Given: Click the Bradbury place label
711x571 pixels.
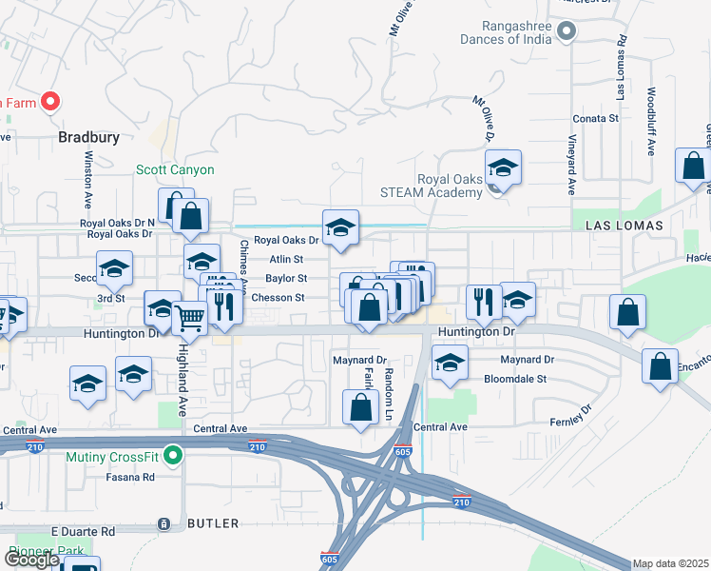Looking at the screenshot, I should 89,137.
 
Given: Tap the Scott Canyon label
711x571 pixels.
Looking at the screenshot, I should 175,170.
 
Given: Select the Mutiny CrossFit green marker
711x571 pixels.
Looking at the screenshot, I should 172,458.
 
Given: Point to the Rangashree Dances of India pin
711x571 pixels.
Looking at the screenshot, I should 567,31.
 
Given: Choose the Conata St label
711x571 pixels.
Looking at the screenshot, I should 595,119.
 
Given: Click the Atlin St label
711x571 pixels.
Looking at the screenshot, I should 285,259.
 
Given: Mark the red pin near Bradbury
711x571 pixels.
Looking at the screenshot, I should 49,101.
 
